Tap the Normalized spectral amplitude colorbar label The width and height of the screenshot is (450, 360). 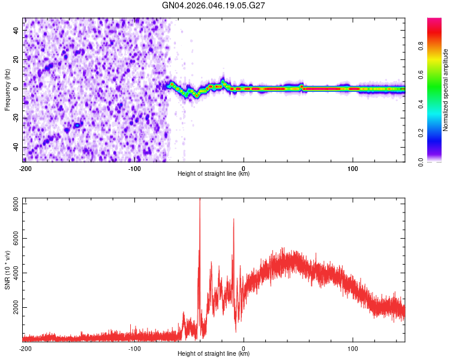446,90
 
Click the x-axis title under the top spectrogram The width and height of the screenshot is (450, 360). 214,174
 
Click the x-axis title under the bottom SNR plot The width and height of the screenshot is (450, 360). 214,354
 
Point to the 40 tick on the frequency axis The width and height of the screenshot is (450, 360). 16,30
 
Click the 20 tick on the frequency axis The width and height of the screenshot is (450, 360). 16,59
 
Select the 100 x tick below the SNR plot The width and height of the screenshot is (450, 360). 353,348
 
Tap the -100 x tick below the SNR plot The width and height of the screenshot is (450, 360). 134,348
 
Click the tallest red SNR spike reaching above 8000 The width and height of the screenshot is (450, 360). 200,201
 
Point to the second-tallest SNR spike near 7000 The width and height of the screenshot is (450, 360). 233,220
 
